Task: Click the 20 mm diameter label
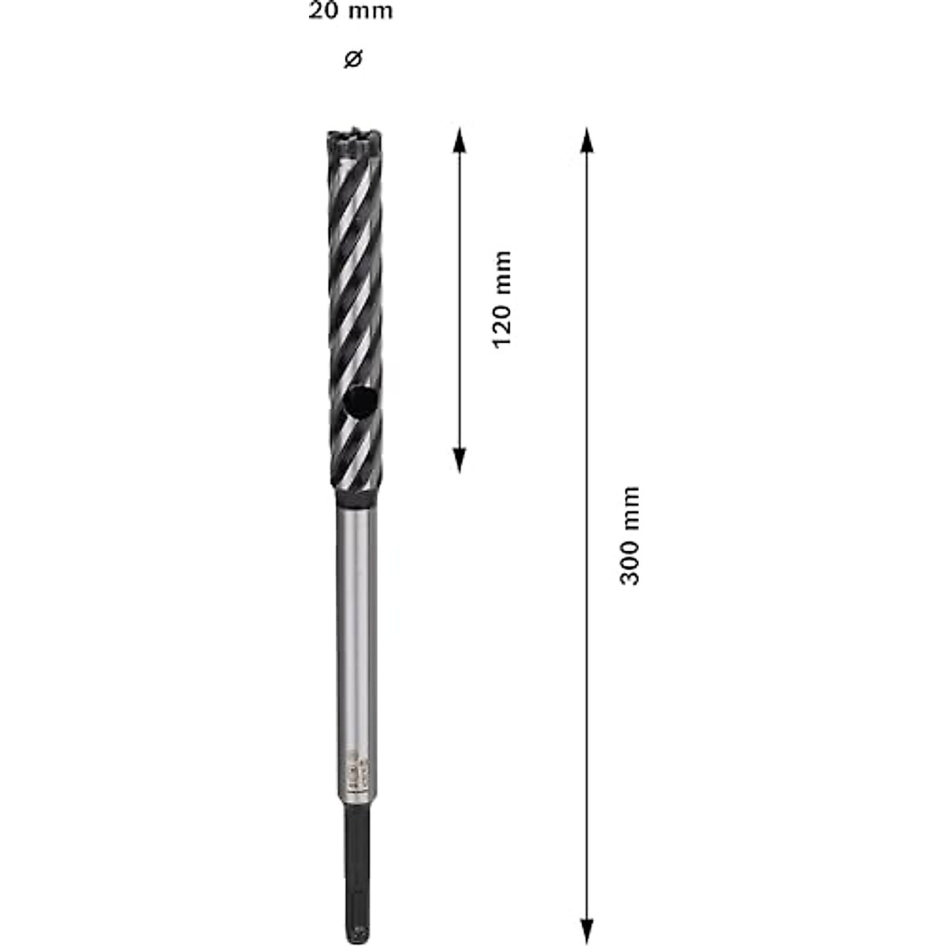point(350,13)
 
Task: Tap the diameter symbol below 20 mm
point(353,59)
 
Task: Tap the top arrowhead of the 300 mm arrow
point(586,137)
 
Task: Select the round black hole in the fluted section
point(360,403)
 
